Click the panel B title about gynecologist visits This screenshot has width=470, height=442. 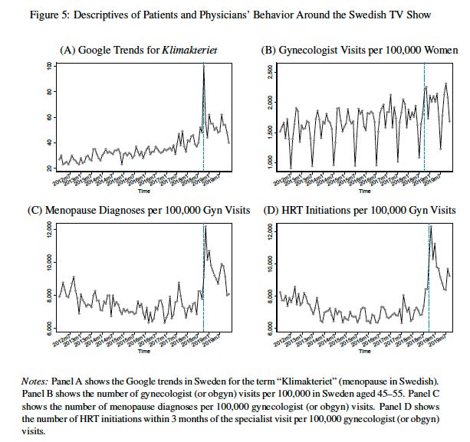[358, 50]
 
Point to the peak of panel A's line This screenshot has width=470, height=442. [204, 65]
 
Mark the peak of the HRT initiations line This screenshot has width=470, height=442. [431, 225]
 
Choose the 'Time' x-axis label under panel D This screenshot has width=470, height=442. [363, 352]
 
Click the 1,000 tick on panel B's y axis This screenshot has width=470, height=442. [269, 163]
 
